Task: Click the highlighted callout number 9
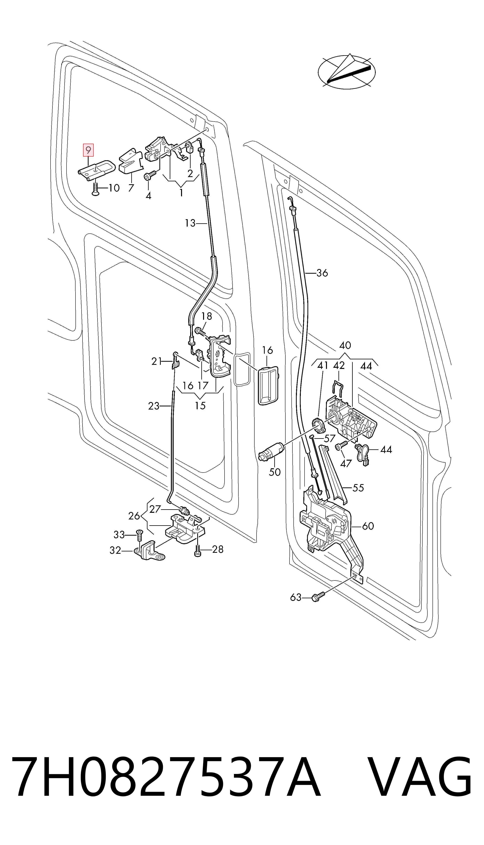tap(88, 150)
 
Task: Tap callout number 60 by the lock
tap(368, 526)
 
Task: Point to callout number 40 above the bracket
tap(345, 345)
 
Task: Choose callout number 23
tap(154, 406)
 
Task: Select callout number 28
tap(218, 549)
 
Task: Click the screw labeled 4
tap(150, 176)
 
